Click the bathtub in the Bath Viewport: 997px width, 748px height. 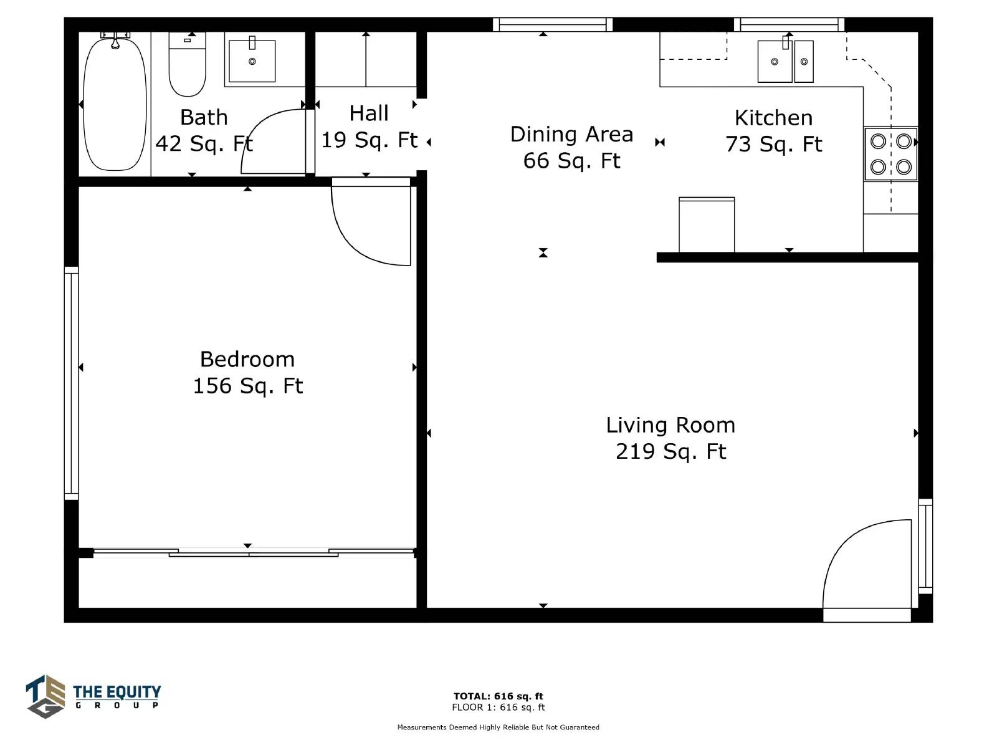coord(115,104)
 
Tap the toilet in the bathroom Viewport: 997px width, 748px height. coord(187,64)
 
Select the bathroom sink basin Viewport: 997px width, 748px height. coord(252,61)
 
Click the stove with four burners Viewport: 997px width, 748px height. coord(890,154)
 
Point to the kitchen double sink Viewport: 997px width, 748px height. coord(785,61)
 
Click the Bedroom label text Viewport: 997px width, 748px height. coord(247,359)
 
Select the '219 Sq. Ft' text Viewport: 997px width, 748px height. coord(671,451)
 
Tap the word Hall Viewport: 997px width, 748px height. coord(369,113)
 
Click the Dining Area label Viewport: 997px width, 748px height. coord(571,134)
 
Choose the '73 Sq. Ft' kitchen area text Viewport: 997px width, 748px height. coord(773,144)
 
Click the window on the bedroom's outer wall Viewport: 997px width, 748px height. coord(71,383)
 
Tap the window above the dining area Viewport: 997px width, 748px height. coord(553,24)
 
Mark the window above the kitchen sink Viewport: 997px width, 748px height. coord(789,24)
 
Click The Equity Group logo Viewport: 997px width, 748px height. coord(93,696)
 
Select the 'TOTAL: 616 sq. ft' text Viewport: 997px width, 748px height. coord(499,696)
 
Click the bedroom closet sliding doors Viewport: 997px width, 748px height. coord(254,553)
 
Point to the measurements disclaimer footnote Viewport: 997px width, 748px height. coord(499,727)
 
